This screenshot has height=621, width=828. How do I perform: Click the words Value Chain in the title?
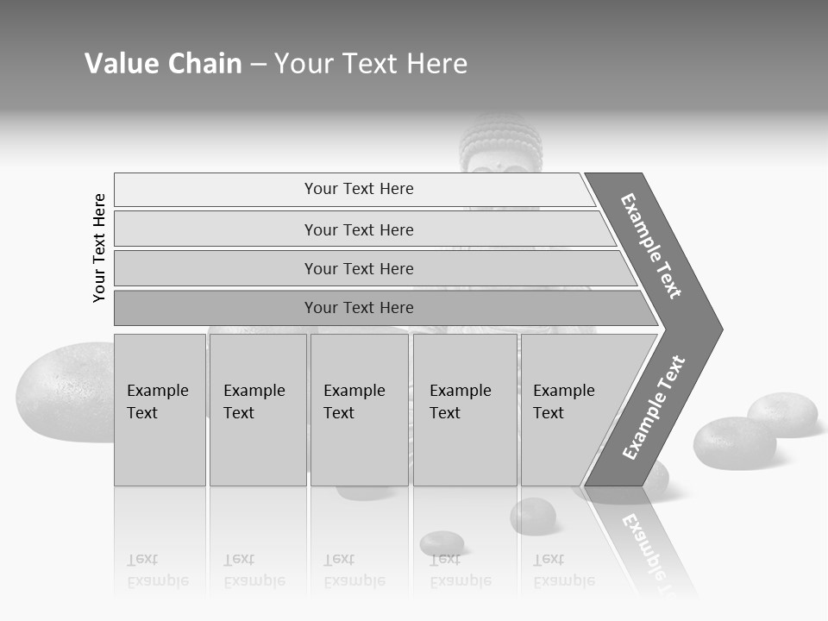[x=163, y=64]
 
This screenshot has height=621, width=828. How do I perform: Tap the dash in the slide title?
[x=258, y=65]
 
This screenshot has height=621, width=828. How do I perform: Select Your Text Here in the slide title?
[x=371, y=64]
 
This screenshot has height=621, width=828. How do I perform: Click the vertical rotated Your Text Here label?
[x=99, y=248]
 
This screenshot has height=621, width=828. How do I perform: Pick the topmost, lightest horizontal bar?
[x=358, y=189]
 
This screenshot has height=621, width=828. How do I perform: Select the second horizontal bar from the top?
[x=358, y=229]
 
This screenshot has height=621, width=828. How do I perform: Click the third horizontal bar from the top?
[x=358, y=268]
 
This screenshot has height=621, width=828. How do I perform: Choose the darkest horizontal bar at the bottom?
[x=358, y=308]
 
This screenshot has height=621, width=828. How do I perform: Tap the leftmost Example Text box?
[x=160, y=410]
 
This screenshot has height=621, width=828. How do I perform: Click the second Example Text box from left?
[x=257, y=410]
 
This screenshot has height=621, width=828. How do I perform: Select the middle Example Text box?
[x=359, y=410]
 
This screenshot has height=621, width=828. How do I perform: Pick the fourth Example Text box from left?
[x=464, y=410]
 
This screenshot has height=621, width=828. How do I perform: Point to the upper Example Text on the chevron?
[x=651, y=246]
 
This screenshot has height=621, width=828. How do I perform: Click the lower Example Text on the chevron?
[x=654, y=408]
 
